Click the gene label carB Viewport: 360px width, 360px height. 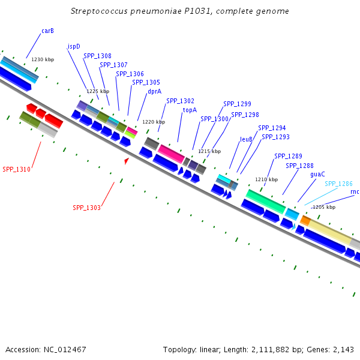click(47, 31)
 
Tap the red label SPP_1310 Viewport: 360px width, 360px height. click(16, 169)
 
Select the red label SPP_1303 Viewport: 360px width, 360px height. click(87, 208)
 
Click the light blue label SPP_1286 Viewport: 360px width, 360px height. click(338, 184)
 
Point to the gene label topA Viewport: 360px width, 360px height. click(190, 110)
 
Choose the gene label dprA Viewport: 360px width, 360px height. click(154, 92)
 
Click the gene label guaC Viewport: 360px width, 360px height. click(317, 175)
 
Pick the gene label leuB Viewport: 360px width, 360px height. click(246, 139)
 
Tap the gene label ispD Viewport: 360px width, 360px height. click(74, 46)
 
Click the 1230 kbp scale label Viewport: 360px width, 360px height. click(43, 59)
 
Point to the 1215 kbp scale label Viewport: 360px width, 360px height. click(209, 151)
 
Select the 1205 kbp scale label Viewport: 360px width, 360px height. click(323, 207)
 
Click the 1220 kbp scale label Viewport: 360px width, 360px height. click(153, 122)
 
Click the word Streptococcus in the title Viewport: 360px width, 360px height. click(99, 11)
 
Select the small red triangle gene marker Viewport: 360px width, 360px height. click(126, 161)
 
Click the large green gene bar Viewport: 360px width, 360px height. click(265, 200)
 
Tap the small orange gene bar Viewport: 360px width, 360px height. click(305, 221)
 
